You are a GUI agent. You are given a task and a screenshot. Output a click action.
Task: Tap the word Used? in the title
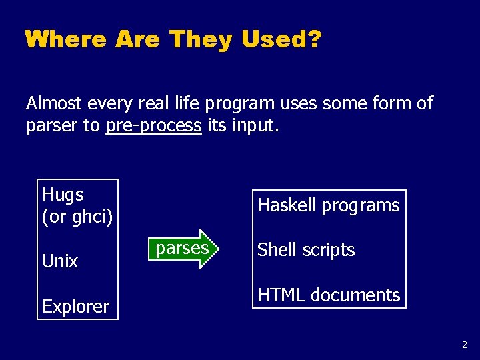pyautogui.click(x=281, y=39)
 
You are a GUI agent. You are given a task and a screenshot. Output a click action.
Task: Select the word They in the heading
pyautogui.click(x=201, y=39)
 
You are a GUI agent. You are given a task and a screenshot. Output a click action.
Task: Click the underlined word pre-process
pyautogui.click(x=153, y=125)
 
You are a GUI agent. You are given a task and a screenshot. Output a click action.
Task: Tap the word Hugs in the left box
pyautogui.click(x=63, y=195)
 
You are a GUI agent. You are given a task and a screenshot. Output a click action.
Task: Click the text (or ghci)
pyautogui.click(x=77, y=217)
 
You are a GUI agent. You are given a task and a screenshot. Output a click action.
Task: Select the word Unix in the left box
pyautogui.click(x=60, y=261)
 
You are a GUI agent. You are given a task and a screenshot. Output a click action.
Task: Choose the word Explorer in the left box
pyautogui.click(x=75, y=307)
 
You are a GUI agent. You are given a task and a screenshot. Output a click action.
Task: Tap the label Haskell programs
pyautogui.click(x=328, y=205)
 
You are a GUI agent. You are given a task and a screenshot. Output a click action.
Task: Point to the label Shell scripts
pyautogui.click(x=306, y=250)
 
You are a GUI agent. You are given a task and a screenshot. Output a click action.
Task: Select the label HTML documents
pyautogui.click(x=328, y=295)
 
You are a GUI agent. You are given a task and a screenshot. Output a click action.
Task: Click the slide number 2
pyautogui.click(x=464, y=345)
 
